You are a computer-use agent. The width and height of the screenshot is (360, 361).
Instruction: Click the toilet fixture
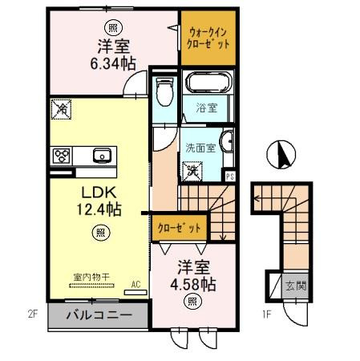tap(164, 91)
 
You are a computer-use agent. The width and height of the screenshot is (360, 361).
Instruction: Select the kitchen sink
tap(102, 156)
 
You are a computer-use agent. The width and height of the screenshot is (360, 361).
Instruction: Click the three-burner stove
tap(62, 156)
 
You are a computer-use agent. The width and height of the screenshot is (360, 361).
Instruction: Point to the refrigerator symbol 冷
tap(62, 109)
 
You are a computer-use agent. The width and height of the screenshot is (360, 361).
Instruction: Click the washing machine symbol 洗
tap(192, 171)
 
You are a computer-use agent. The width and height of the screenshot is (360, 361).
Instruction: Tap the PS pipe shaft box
tap(229, 176)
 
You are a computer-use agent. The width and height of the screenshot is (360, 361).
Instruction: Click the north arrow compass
tap(281, 154)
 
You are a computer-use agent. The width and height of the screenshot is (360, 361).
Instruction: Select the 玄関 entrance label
tap(295, 286)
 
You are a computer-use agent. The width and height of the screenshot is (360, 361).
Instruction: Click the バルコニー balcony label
tap(99, 315)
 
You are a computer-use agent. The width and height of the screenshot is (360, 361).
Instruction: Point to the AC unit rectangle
tap(136, 292)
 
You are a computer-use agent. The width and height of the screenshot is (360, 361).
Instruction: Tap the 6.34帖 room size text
tap(113, 63)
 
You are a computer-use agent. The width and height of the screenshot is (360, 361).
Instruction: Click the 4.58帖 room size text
tap(193, 284)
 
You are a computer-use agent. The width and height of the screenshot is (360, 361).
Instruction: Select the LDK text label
tap(99, 193)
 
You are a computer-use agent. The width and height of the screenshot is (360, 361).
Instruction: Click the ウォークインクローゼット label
tap(208, 38)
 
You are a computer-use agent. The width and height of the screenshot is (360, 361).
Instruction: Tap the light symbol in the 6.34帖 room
tap(113, 28)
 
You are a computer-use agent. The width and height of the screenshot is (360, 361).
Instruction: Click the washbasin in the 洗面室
tap(227, 142)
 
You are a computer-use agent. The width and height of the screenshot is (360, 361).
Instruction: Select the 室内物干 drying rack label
tap(91, 278)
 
